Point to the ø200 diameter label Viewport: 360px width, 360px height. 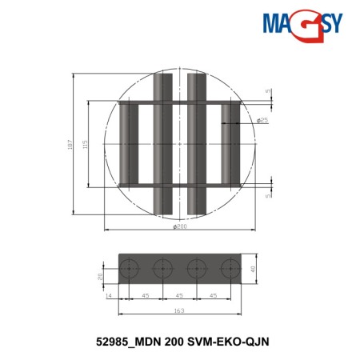(180, 227)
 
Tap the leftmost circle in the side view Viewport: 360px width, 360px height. (130, 268)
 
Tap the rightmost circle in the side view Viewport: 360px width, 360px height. (230, 268)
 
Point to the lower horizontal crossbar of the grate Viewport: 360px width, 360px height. (180, 186)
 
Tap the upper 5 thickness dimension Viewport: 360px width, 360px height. (268, 90)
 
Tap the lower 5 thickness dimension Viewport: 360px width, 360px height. (268, 193)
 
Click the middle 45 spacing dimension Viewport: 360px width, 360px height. (180, 295)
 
